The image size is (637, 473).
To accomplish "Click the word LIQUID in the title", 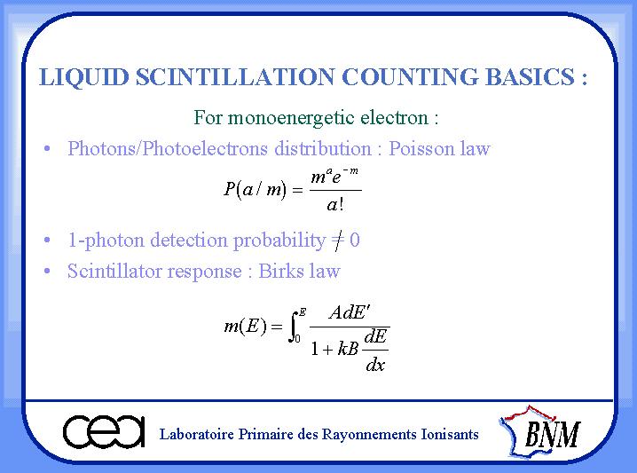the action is pos(84,77).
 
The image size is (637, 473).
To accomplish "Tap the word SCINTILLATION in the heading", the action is pos(235,76).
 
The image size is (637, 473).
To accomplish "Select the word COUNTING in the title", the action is pos(410,76).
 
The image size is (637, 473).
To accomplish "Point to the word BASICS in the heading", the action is pos(530,76).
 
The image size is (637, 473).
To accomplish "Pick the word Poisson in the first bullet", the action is pos(421,148).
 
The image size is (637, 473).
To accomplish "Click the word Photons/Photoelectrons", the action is pos(168,148).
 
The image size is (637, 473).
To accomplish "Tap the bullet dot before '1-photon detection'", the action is pos(47,240).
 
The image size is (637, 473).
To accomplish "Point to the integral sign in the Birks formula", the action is pos(293,327).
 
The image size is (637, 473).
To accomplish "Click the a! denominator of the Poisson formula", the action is pos(335,204).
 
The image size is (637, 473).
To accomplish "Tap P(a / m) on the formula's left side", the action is pos(256,189).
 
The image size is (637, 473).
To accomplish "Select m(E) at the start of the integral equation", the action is pos(246,327).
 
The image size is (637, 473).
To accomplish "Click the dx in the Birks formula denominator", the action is pos(375,365).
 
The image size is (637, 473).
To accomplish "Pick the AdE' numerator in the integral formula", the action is pos(350,313).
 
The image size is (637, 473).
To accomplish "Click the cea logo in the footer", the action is pos(104,431).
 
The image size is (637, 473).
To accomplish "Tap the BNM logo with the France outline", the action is pos(540,432).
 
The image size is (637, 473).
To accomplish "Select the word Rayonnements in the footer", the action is pos(369,435).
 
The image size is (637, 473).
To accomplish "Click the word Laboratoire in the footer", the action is pos(197,434).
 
